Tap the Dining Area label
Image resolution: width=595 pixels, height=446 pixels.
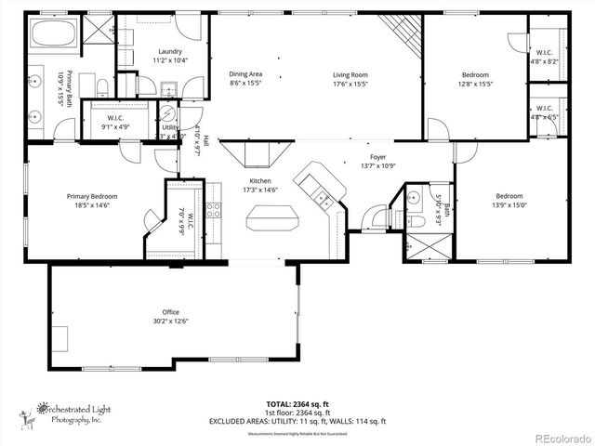(245, 73)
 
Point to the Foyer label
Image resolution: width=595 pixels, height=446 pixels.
(377, 157)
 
